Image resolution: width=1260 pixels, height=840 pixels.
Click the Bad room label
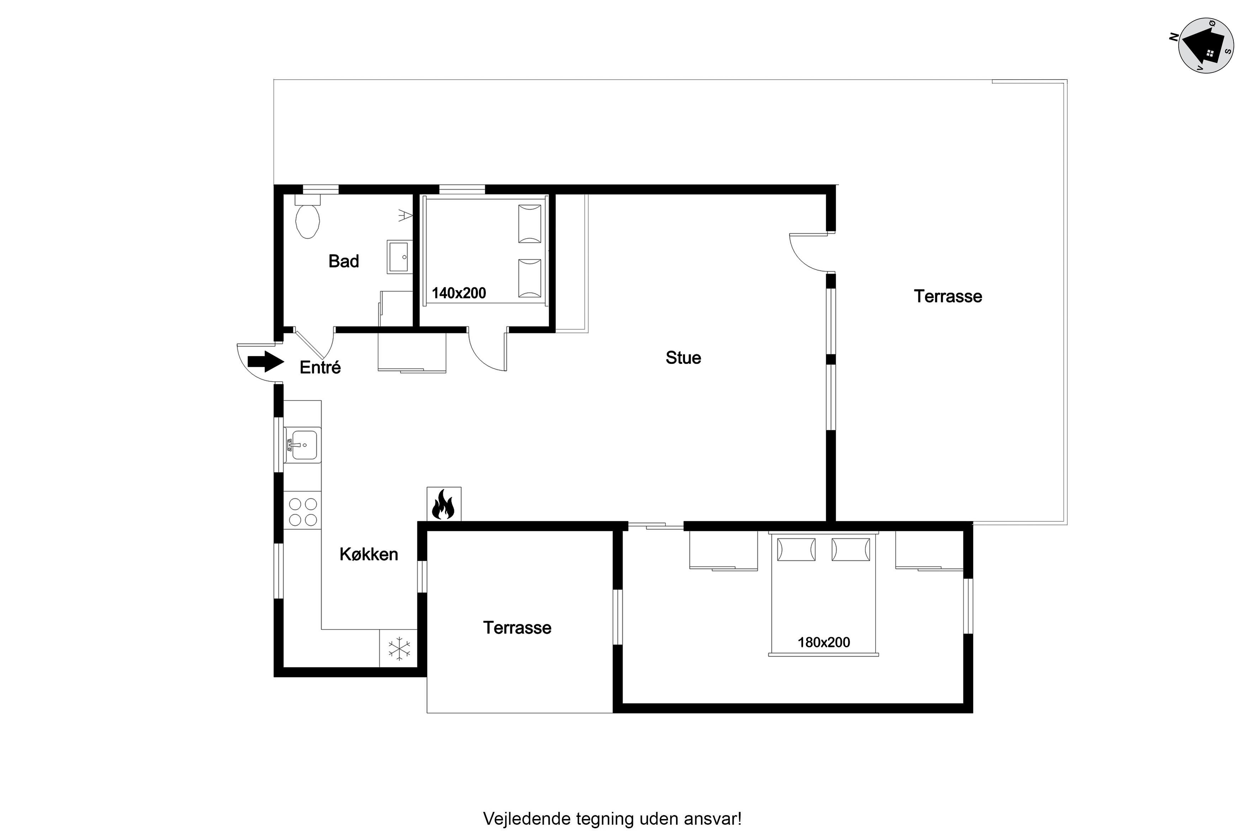tap(344, 261)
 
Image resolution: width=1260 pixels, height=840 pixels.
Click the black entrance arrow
tap(265, 362)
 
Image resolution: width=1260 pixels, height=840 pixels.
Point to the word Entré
tap(320, 367)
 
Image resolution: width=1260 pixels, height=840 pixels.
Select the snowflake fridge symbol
tap(399, 648)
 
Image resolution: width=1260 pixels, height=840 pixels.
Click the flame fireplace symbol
tap(443, 504)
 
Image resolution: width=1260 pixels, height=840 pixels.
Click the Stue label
tap(683, 358)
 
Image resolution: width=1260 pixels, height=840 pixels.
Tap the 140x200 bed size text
tap(459, 293)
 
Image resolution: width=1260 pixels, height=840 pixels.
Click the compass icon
tap(1206, 45)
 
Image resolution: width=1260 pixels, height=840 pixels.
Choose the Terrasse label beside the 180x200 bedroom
tap(517, 628)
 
